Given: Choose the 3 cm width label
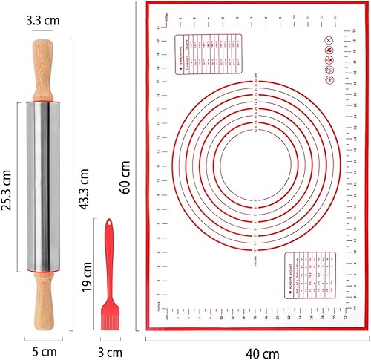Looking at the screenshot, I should point(111,350).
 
